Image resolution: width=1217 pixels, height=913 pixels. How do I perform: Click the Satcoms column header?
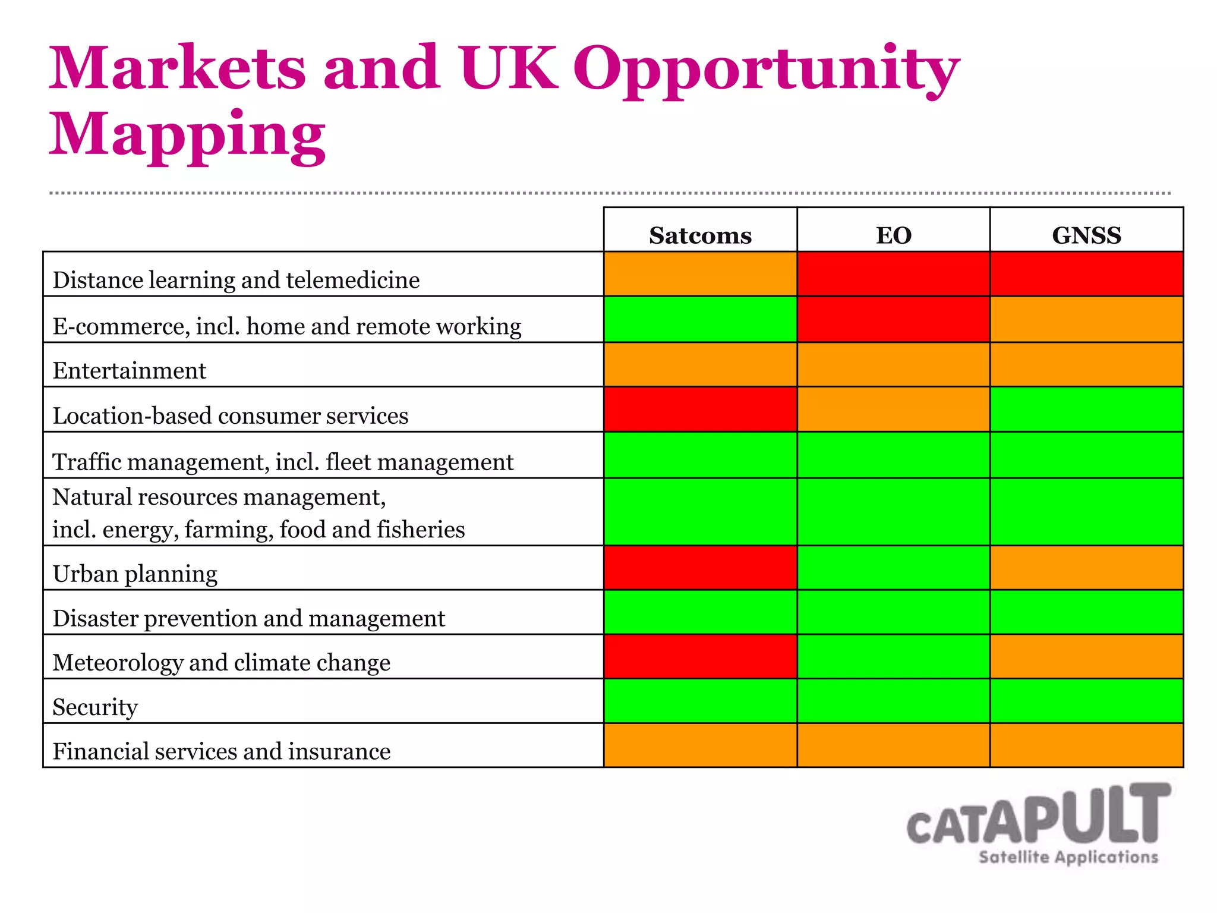click(700, 235)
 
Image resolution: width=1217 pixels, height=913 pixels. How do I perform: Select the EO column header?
click(893, 235)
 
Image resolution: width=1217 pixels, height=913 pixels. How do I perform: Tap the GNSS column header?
click(1086, 235)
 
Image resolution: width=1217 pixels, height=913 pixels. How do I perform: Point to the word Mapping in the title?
click(187, 136)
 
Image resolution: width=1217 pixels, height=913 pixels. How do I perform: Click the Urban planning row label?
click(135, 574)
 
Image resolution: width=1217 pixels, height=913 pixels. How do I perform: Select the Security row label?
click(95, 707)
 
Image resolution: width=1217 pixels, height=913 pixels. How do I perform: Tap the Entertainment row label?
click(129, 371)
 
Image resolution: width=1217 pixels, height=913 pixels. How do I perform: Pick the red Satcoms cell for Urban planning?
click(700, 568)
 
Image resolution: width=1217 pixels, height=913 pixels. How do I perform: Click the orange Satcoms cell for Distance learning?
click(700, 274)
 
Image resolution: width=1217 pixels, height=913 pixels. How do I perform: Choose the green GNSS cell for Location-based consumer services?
click(1086, 410)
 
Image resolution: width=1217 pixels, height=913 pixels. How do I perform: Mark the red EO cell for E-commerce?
click(893, 319)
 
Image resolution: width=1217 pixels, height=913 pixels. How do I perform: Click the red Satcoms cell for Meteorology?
click(700, 656)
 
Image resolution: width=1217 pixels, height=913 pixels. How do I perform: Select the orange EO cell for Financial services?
click(893, 745)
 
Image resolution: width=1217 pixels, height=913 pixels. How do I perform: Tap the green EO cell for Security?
click(893, 701)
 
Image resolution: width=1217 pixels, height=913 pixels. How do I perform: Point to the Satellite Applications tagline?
click(1068, 857)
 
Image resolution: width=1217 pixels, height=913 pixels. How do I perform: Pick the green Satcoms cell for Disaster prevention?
click(700, 612)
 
